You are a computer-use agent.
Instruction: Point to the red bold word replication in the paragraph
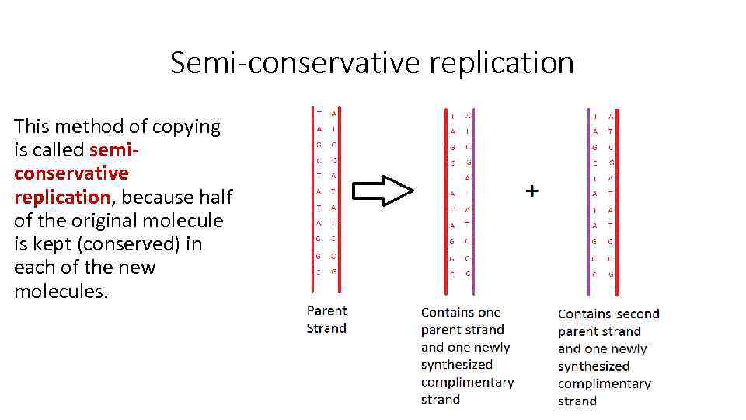point(62,197)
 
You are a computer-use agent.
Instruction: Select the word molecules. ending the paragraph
point(61,292)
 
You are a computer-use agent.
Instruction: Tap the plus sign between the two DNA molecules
point(532,191)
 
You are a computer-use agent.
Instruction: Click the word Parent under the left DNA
point(326,310)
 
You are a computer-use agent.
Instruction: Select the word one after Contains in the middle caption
point(490,313)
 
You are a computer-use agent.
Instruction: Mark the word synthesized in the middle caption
point(457,365)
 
